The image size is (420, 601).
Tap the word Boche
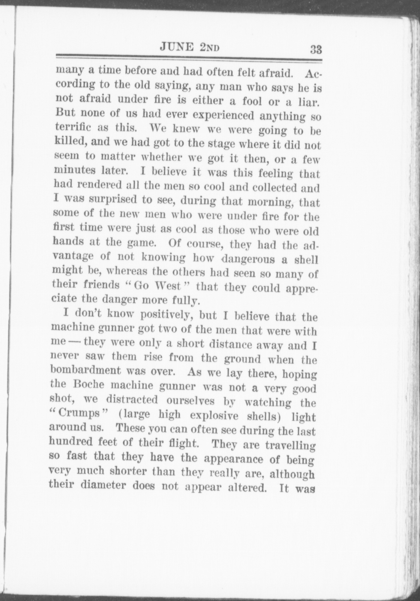pyautogui.click(x=86, y=385)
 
